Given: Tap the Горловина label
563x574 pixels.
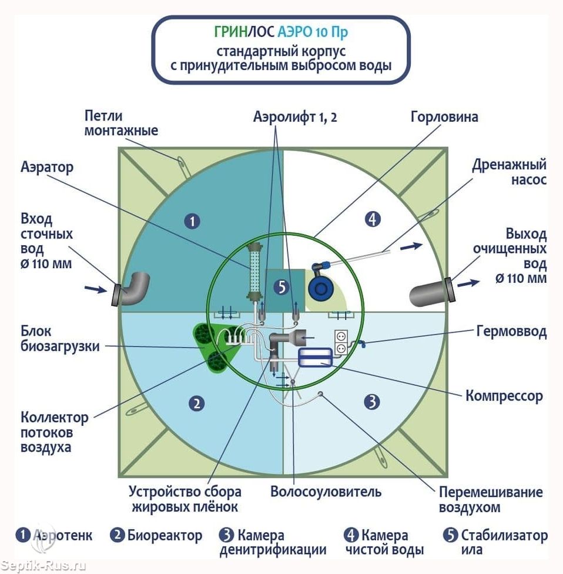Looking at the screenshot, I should pos(444,116).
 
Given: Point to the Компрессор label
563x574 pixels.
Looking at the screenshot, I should pos(504,395).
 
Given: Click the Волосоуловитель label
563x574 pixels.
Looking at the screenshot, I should pos(326,491).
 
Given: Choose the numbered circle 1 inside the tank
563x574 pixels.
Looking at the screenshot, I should pos(192,221).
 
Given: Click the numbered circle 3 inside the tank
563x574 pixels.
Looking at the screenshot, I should pos(371,402).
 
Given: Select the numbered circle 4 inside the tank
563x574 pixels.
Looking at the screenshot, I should pos(373,219).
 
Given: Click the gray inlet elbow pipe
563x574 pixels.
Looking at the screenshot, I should pos(132,288).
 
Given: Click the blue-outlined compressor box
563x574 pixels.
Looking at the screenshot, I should pos(315,358).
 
